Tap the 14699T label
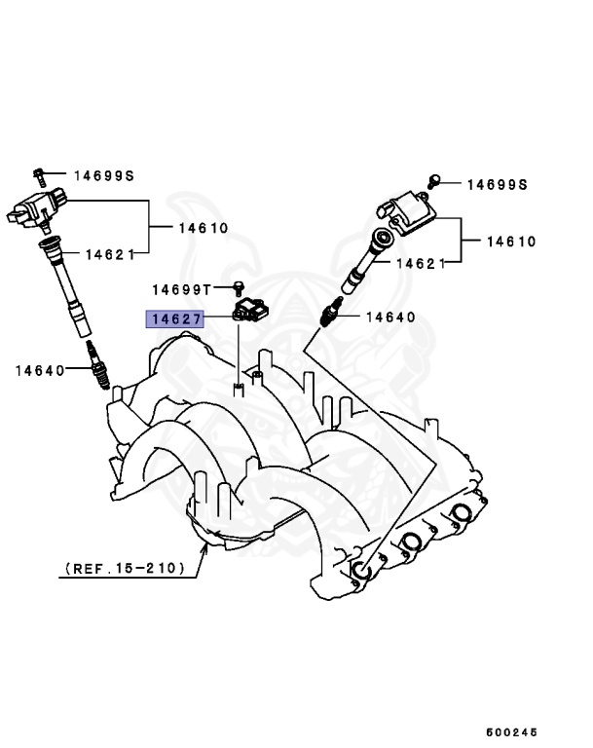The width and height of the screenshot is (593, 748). click(x=181, y=289)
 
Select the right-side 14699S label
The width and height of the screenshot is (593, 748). click(x=497, y=184)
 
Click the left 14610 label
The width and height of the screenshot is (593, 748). click(x=203, y=228)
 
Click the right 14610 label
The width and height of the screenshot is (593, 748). click(x=510, y=241)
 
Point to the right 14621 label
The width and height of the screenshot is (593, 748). click(x=420, y=263)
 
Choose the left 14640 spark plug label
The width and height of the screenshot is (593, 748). click(x=40, y=370)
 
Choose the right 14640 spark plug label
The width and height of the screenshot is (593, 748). click(x=390, y=317)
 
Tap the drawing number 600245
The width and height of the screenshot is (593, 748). click(x=512, y=731)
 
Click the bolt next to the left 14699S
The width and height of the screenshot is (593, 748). click(x=40, y=175)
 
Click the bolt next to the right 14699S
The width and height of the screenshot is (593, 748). click(x=437, y=179)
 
